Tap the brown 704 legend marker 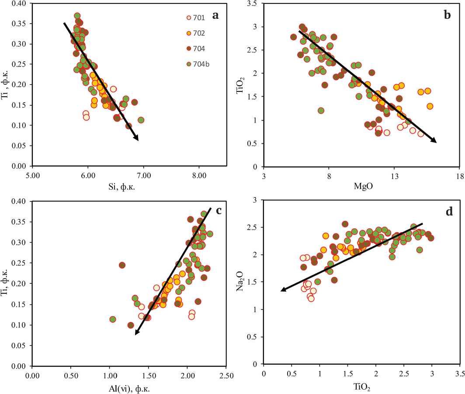point(189,49)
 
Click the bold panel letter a point(215,16)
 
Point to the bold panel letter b point(447,16)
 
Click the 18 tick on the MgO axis point(459,176)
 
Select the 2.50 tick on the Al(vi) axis point(226,375)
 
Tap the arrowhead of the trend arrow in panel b point(434,141)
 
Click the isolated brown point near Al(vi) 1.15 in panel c point(122,265)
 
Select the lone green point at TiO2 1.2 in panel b point(321,111)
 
